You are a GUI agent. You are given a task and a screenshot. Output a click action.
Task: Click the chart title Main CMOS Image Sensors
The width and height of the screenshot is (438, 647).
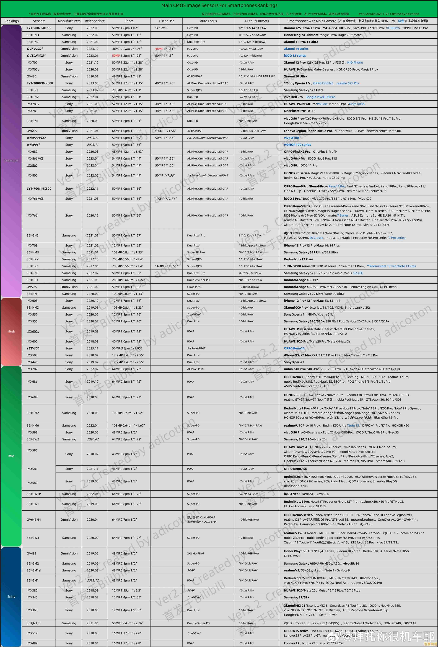pyautogui.click(x=219, y=5)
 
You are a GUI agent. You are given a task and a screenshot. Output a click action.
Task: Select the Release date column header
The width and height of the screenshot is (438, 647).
pyautogui.click(x=95, y=21)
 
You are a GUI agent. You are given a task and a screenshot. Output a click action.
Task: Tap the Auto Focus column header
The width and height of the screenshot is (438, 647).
pyautogui.click(x=208, y=21)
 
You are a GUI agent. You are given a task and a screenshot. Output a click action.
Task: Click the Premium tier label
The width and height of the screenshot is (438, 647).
pyautogui.click(x=11, y=161)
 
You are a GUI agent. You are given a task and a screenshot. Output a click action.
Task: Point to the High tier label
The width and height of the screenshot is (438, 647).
pyautogui.click(x=11, y=331)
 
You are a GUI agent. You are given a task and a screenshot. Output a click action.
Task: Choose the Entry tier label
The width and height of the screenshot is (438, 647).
pyautogui.click(x=11, y=597)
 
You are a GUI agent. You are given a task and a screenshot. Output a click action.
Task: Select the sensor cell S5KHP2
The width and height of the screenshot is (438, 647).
pyautogui.click(x=33, y=90)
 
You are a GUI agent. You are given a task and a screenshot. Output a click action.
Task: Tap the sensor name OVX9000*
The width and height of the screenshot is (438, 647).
pyautogui.click(x=35, y=49)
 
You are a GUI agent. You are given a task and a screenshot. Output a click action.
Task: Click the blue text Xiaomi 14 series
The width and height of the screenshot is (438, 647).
pyautogui.click(x=296, y=49)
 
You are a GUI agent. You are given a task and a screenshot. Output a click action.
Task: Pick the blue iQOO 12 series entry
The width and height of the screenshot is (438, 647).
pyautogui.click(x=295, y=56)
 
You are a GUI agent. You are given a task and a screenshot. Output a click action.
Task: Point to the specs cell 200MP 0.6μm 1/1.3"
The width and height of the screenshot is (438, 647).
pyautogui.click(x=127, y=90)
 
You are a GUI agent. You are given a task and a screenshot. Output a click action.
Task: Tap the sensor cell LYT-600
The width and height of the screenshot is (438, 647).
pyautogui.click(x=33, y=348)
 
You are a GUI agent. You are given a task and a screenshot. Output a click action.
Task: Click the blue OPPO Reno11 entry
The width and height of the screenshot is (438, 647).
pyautogui.click(x=294, y=348)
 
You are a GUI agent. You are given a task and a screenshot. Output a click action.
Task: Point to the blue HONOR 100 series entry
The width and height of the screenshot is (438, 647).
pyautogui.click(x=297, y=145)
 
